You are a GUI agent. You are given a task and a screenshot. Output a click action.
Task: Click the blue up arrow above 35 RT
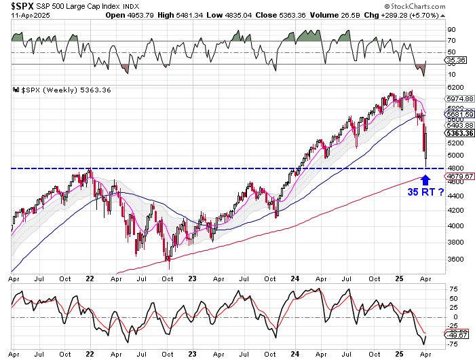coord(425,180)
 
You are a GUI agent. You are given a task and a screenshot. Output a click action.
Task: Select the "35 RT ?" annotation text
coord(425,192)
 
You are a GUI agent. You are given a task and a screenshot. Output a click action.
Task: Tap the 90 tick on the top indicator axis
coord(451,30)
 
